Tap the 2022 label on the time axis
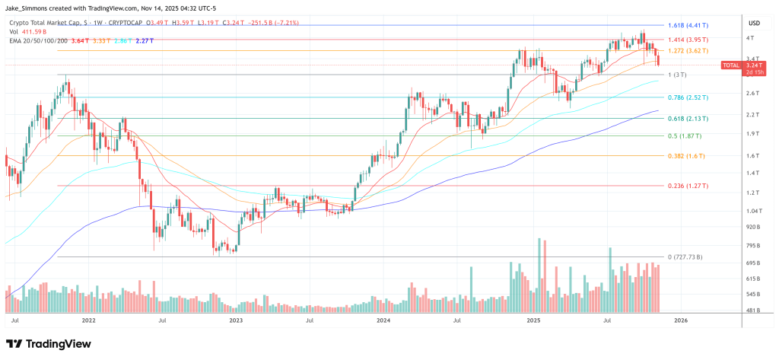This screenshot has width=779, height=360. (88, 321)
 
